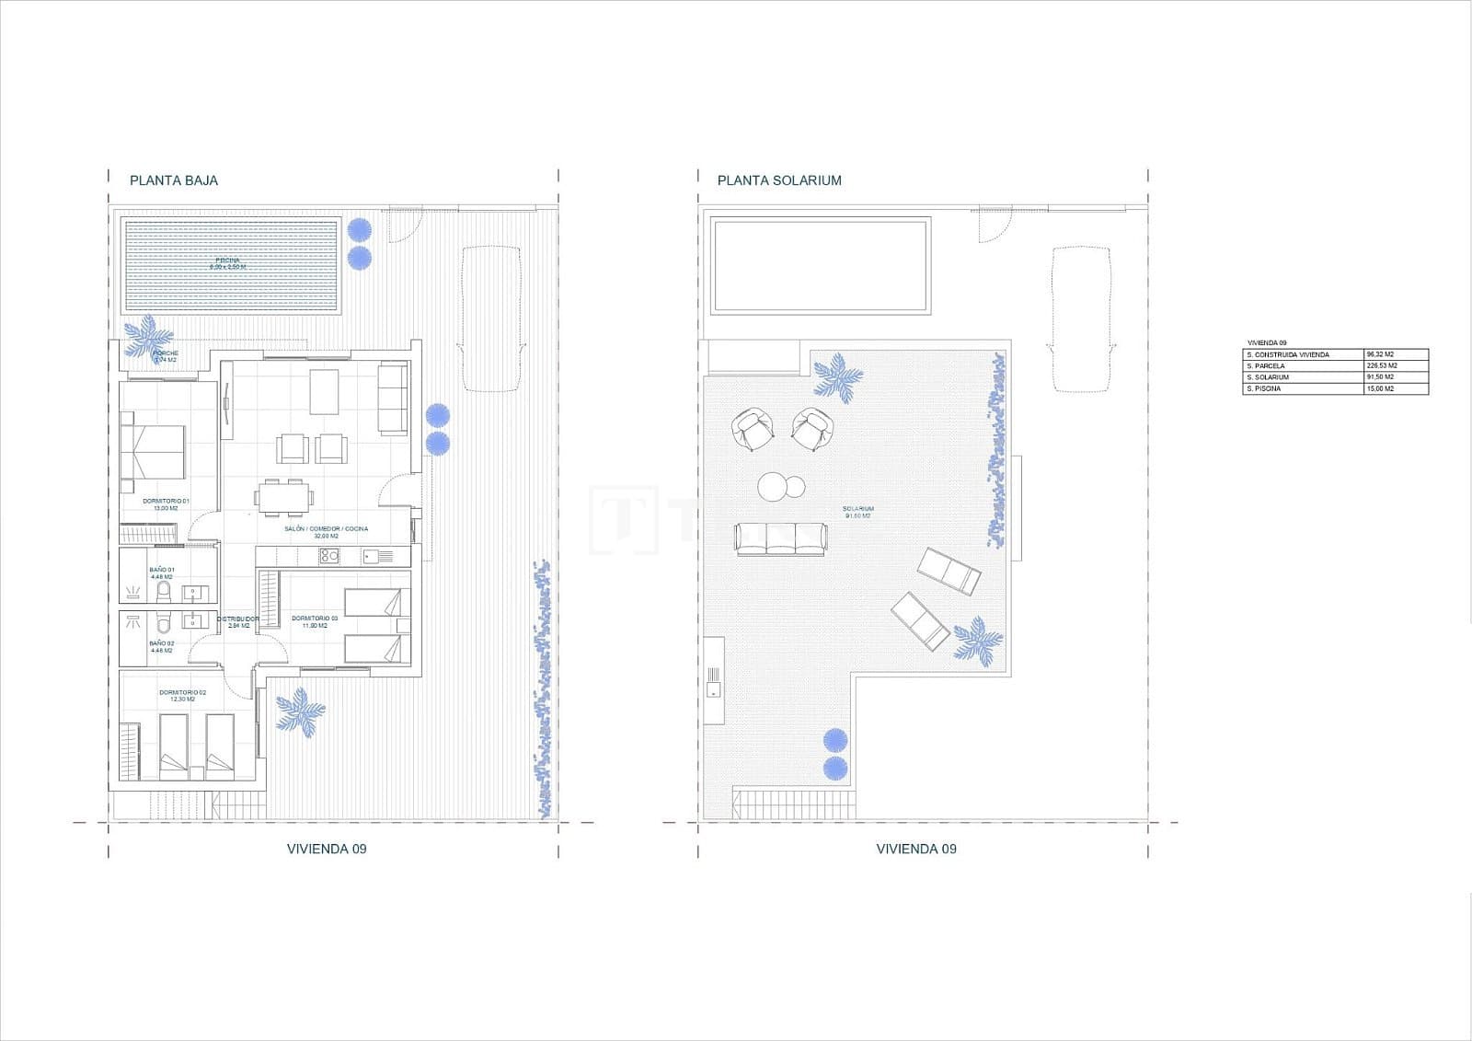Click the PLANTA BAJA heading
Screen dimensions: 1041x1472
pyautogui.click(x=174, y=180)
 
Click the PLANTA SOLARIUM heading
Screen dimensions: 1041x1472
pyautogui.click(x=779, y=180)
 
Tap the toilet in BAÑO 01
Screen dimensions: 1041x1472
pyautogui.click(x=164, y=589)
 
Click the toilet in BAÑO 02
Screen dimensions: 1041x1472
pyautogui.click(x=164, y=619)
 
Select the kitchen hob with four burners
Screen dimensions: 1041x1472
pyautogui.click(x=329, y=555)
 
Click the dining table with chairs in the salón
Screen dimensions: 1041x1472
pyautogui.click(x=283, y=497)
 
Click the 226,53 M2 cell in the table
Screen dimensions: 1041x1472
pyautogui.click(x=1396, y=365)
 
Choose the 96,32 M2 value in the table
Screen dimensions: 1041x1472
pyautogui.click(x=1396, y=354)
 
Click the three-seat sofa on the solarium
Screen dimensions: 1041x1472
pyautogui.click(x=780, y=538)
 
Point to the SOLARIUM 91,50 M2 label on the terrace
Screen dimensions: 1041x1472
pyautogui.click(x=858, y=512)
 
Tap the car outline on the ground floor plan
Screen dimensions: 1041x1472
pyautogui.click(x=492, y=318)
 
